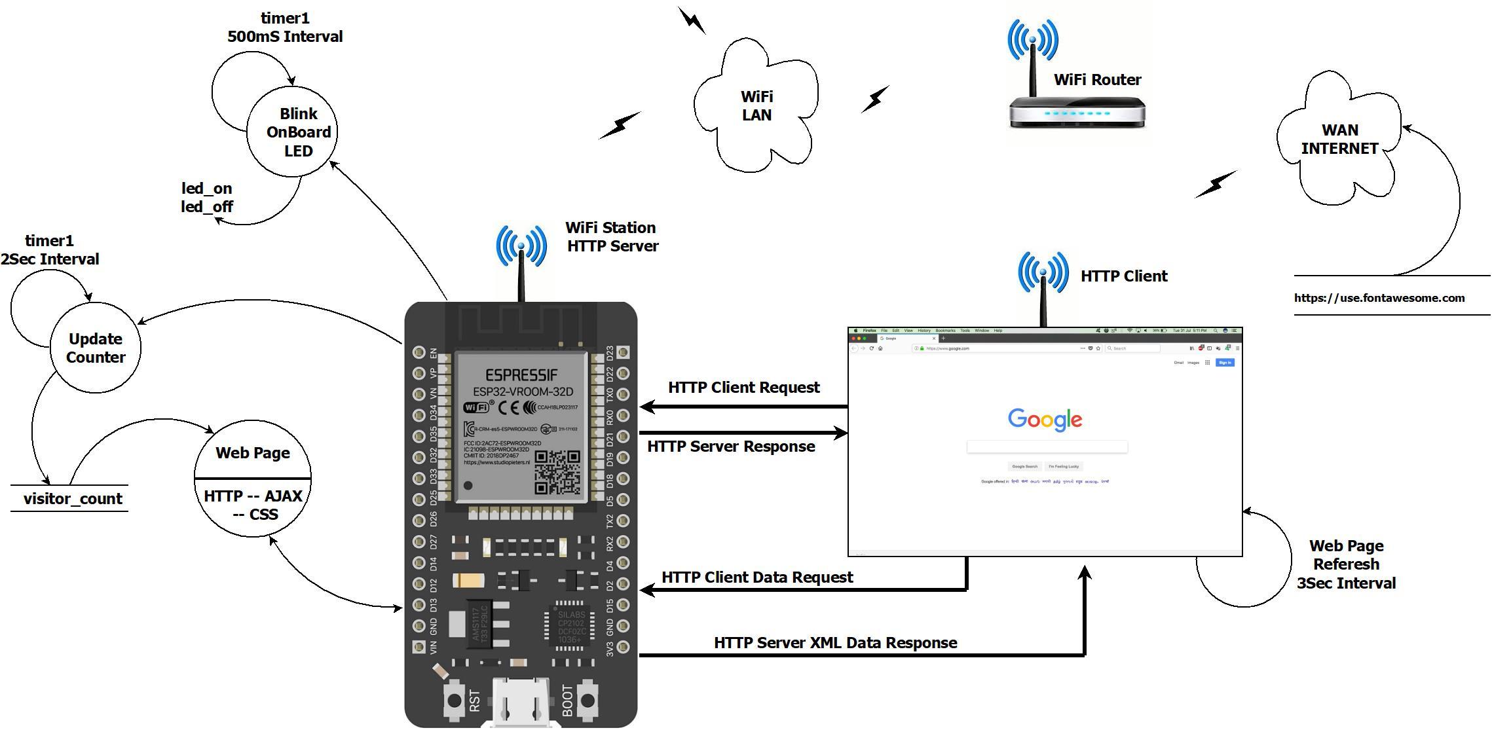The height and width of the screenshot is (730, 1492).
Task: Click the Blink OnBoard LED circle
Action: coord(292,132)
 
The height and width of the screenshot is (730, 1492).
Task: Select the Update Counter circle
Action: coord(96,348)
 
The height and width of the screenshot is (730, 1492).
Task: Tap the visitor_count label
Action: coord(73,499)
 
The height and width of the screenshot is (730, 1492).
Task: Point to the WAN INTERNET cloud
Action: coord(1339,139)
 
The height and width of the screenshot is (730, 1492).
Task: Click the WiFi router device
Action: coord(1077,111)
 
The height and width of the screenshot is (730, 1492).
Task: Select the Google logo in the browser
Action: coord(1045,419)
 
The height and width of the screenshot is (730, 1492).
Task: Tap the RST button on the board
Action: coord(453,700)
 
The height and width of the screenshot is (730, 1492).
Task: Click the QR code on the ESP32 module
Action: coord(557,471)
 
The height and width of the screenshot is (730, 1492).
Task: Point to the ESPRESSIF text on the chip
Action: coord(521,375)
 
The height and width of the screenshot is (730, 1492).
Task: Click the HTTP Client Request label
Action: coord(743,388)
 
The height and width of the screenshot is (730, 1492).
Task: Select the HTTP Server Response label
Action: coord(731,447)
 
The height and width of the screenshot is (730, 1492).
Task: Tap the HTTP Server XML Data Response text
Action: coord(835,643)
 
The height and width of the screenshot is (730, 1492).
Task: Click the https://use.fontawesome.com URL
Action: coord(1379,298)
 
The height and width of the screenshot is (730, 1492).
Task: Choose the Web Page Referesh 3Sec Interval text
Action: coord(1346,564)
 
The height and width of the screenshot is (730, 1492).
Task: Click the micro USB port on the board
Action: coord(521,704)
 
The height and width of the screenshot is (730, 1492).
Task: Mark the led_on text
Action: coord(207,189)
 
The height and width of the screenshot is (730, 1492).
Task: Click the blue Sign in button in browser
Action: coord(1225,363)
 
